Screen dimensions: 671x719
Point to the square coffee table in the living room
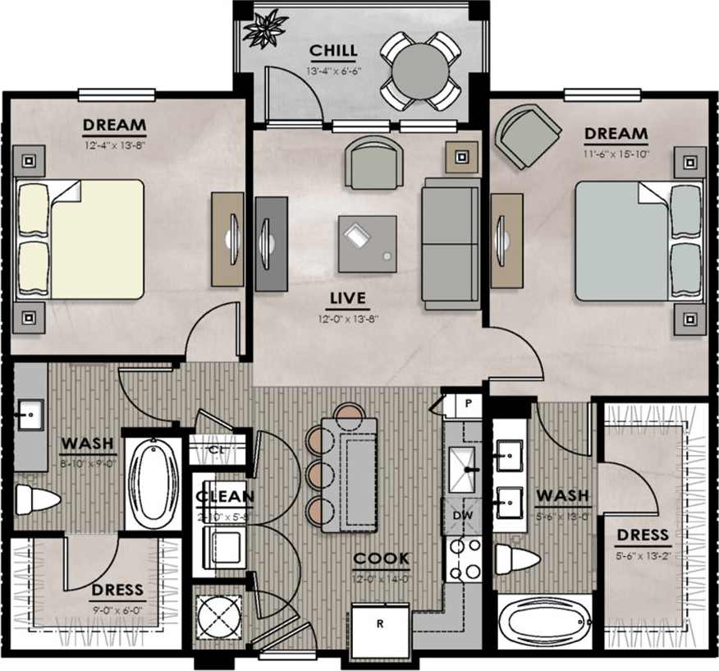coord(367,243)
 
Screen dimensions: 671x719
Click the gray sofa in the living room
coord(451,243)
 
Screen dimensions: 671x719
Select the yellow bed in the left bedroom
coord(80,239)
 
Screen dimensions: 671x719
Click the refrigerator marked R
coord(380,630)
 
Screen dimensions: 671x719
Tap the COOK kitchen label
coord(381,559)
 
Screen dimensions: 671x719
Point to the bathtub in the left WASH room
coord(153,482)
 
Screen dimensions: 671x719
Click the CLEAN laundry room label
coord(224,497)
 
